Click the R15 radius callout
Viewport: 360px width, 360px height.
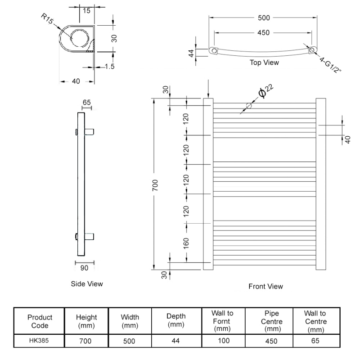pyautogui.click(x=47, y=19)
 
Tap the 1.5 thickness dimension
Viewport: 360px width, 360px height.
pyautogui.click(x=109, y=67)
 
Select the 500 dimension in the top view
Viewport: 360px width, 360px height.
pyautogui.click(x=263, y=18)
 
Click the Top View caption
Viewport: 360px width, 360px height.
pyautogui.click(x=264, y=63)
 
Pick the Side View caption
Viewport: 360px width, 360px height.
pyautogui.click(x=87, y=283)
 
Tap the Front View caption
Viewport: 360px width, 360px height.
pyautogui.click(x=265, y=286)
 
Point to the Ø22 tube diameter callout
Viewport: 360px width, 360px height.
pyautogui.click(x=265, y=91)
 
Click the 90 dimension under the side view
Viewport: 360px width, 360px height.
pyautogui.click(x=84, y=268)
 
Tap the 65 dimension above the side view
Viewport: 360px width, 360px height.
pyautogui.click(x=86, y=103)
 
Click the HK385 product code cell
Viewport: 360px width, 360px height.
pyautogui.click(x=40, y=341)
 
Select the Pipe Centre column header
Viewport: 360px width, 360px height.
pyautogui.click(x=271, y=322)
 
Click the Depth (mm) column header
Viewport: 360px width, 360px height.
pyautogui.click(x=175, y=320)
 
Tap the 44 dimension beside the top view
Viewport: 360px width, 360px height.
pyautogui.click(x=191, y=53)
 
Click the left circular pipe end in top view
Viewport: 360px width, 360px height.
pyautogui.click(x=214, y=51)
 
